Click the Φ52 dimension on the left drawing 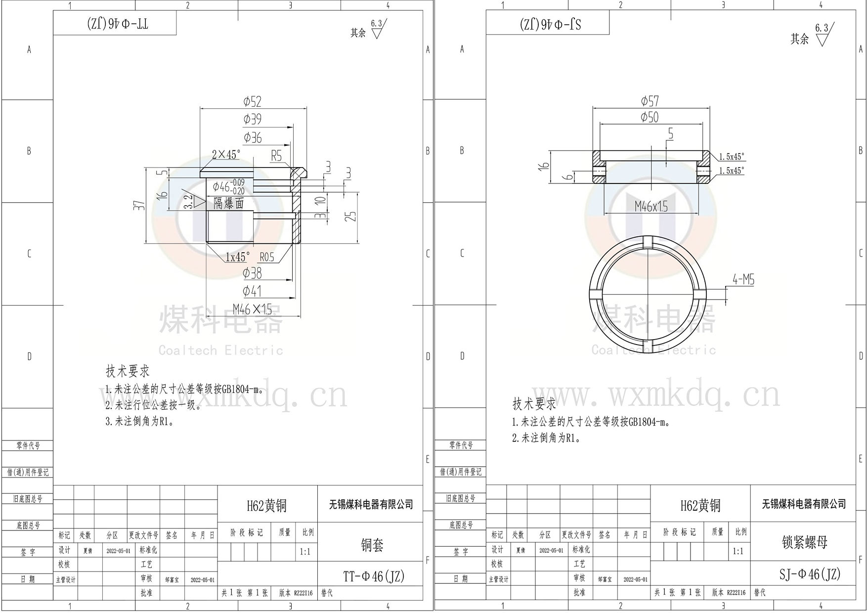click(252, 102)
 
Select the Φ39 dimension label click(252, 119)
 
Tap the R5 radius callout click(276, 156)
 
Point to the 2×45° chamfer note click(226, 155)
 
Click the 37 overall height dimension click(141, 205)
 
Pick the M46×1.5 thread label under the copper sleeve click(252, 310)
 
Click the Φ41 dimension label click(252, 291)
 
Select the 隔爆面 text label click(229, 203)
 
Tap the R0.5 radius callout click(266, 257)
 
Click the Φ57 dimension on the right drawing click(650, 101)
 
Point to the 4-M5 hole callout click(743, 280)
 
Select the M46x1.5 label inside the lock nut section click(651, 207)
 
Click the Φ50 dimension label click(650, 117)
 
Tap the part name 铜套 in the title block click(372, 545)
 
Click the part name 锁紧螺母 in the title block click(804, 542)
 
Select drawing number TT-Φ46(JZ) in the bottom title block click(373, 576)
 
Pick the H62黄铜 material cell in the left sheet click(266, 506)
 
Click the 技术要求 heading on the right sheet click(534, 404)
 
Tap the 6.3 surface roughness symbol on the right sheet click(822, 35)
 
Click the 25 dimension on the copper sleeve click(350, 216)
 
